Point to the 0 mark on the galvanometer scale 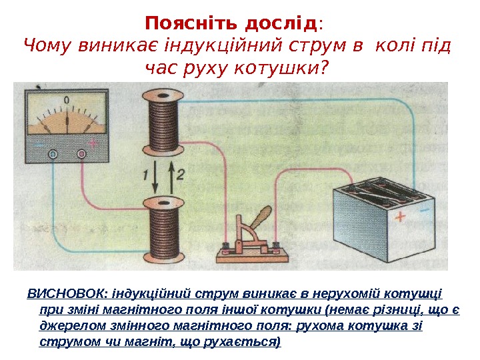point(67,101)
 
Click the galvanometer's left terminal point(53,154)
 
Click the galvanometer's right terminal point(81,154)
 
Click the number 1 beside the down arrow point(144,175)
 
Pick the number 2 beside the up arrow point(180,175)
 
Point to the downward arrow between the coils point(155,175)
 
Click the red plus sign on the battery point(400,217)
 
